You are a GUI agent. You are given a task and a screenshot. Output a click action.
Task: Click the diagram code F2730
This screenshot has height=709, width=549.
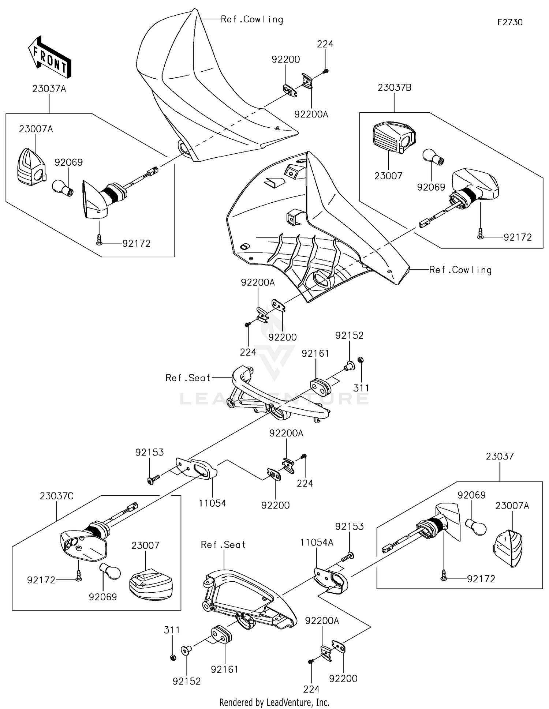point(509,22)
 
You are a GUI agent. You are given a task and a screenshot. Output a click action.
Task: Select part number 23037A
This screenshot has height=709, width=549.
point(49,89)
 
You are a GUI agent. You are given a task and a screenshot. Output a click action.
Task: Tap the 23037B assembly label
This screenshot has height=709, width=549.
point(395,88)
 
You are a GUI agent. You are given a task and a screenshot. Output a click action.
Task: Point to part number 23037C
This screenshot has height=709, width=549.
point(56,496)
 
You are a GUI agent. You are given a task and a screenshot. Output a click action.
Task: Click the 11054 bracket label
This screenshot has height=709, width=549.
point(212,503)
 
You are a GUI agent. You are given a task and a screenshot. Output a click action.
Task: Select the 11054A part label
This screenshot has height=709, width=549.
point(317,543)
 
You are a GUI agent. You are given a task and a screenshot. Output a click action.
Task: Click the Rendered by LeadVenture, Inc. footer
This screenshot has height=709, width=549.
point(274,702)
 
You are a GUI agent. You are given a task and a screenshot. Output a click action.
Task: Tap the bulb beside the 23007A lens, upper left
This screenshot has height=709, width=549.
point(64,187)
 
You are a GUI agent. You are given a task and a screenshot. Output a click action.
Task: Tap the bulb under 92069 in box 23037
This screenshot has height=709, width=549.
point(476,526)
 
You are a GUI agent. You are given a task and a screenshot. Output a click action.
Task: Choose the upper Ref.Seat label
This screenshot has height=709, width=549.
point(188,378)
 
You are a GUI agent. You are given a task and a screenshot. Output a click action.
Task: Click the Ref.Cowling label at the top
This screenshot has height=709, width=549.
point(252,19)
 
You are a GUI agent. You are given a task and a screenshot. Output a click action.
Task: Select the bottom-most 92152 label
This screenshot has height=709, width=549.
point(187,681)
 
